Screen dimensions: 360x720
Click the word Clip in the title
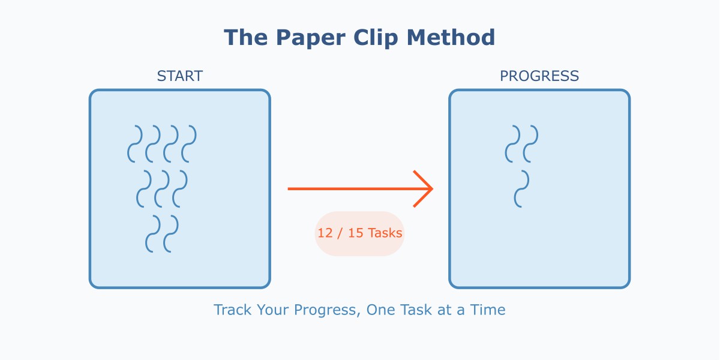(377, 38)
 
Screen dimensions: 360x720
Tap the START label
(180, 76)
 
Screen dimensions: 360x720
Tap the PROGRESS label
(539, 76)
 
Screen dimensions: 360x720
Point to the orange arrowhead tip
(432, 189)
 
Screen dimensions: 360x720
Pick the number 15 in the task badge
(356, 233)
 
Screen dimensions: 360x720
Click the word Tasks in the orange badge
(385, 233)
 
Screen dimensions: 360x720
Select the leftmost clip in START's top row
(135, 144)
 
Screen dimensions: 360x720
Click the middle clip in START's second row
(162, 189)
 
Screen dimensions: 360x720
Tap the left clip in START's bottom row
(153, 234)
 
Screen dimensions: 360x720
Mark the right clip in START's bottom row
(171, 234)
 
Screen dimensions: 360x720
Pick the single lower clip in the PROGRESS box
(522, 189)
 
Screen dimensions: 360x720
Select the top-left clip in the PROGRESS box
(513, 144)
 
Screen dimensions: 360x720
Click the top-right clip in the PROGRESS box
(531, 144)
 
